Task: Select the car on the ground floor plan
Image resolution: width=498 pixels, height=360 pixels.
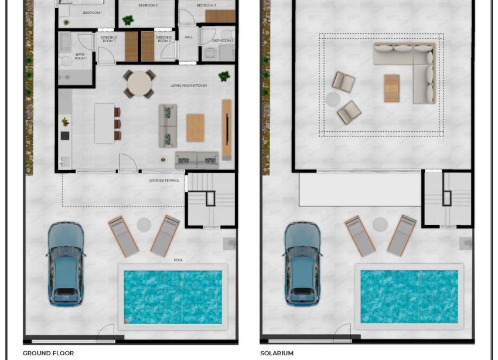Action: [x=66, y=264]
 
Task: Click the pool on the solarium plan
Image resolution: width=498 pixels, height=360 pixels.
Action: [x=408, y=296]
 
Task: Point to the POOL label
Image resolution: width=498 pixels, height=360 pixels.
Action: [x=178, y=260]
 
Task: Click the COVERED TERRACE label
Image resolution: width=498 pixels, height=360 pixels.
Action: [x=164, y=181]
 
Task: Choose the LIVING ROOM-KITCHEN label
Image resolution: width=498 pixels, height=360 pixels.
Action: [x=189, y=86]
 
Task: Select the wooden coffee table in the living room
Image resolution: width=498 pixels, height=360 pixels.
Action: [x=195, y=128]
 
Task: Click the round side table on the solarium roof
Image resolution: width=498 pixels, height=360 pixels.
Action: [x=333, y=99]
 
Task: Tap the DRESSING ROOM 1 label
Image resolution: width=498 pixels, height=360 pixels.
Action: [x=109, y=39]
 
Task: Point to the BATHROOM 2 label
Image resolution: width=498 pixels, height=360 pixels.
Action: [x=223, y=40]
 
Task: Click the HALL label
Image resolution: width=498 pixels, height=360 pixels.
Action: [x=189, y=38]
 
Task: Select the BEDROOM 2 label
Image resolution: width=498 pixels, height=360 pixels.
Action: [x=148, y=5]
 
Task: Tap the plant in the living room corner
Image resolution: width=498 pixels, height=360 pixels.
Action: [x=224, y=76]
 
